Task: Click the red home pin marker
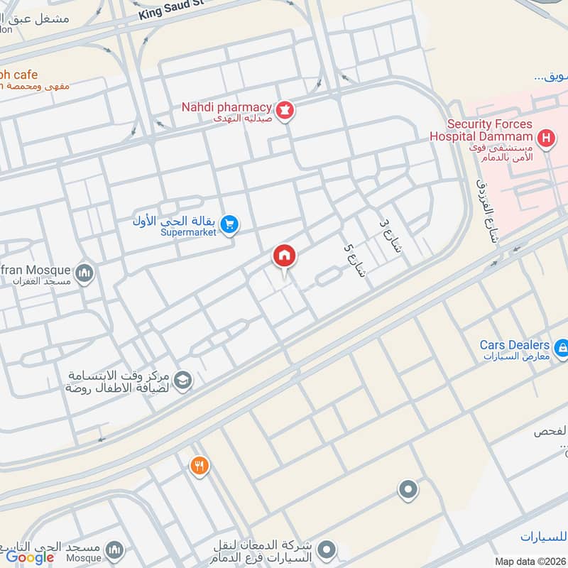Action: click(285, 256)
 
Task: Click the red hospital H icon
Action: click(545, 138)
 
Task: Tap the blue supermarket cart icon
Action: click(229, 224)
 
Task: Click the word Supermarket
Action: click(187, 232)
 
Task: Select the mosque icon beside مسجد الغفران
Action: click(84, 273)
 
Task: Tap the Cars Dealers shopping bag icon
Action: click(561, 348)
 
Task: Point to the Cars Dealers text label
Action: click(514, 345)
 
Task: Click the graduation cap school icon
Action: click(183, 381)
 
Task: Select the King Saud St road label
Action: click(170, 9)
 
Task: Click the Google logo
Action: click(30, 557)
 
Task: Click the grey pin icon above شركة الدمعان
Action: click(408, 489)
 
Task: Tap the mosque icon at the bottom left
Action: click(114, 550)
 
